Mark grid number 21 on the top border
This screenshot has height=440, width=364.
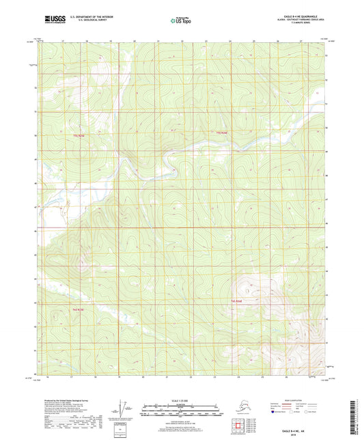(x=156, y=41)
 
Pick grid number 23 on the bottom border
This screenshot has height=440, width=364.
(x=213, y=376)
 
